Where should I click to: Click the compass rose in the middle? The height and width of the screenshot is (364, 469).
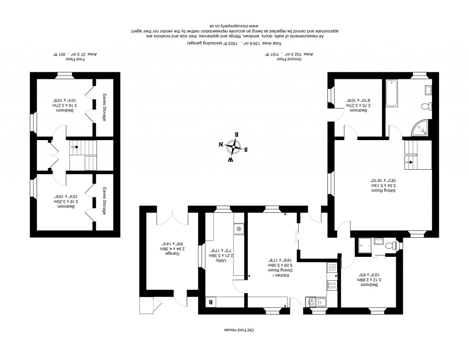tap(234, 147)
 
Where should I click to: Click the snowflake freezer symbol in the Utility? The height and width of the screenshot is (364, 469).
tap(239, 228)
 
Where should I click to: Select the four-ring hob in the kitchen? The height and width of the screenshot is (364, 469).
tap(333, 284)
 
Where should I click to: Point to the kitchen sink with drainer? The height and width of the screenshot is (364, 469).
tap(317, 302)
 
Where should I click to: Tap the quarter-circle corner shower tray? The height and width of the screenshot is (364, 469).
tap(421, 129)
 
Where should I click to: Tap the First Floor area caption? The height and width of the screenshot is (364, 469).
tap(73, 55)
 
